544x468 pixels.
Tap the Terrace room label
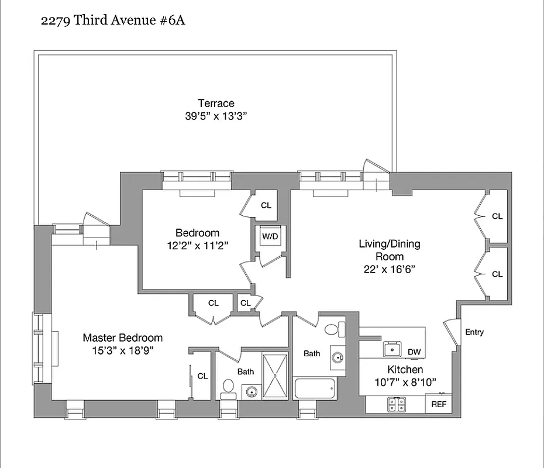pos(216,104)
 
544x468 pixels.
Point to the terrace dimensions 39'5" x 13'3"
pos(216,116)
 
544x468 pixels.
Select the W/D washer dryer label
pos(270,237)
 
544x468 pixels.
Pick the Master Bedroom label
pos(122,338)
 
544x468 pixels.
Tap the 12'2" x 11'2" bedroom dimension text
pos(197,246)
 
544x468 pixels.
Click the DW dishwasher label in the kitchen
pos(414,352)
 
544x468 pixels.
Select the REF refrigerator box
pos(438,404)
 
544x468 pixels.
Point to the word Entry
pos(474,332)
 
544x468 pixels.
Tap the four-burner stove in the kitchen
pos(396,404)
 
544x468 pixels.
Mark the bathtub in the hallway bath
pos(315,388)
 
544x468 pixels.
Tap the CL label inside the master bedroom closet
pos(202,376)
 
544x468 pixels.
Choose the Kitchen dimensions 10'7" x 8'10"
pos(405,383)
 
